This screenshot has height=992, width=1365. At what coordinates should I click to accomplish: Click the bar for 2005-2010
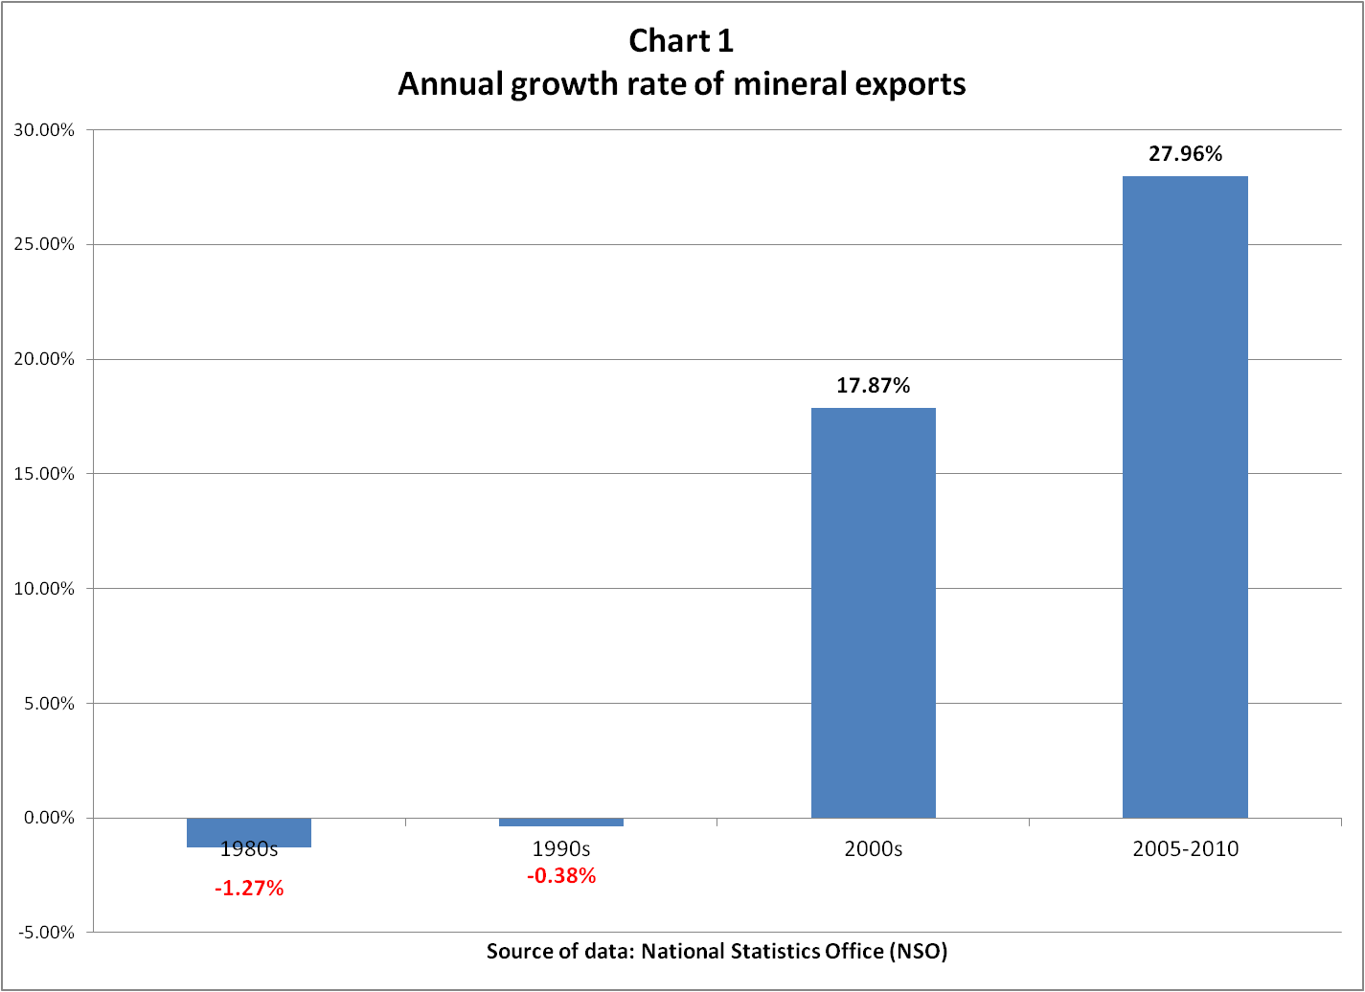(1185, 497)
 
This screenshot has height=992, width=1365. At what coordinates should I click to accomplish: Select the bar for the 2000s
(873, 613)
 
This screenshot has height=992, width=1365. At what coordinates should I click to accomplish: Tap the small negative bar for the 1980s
(249, 831)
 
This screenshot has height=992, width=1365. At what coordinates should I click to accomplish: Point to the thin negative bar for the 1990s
(560, 822)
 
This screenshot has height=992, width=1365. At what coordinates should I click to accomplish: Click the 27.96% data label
(1185, 153)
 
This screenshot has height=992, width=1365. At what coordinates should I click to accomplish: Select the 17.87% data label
(873, 386)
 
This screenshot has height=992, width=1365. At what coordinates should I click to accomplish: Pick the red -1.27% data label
(249, 889)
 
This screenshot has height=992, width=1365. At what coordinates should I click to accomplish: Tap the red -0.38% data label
(560, 875)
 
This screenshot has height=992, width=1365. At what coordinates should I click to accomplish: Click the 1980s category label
(249, 849)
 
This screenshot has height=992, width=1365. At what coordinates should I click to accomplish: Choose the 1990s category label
(560, 849)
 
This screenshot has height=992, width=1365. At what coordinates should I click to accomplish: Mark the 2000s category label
(873, 849)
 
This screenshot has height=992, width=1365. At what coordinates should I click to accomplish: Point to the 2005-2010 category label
(1185, 849)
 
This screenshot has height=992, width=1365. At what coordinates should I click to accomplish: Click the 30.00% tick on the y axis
(42, 130)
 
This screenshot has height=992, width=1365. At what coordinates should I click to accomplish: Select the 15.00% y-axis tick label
(42, 474)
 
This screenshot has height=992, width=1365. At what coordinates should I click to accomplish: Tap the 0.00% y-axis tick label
(46, 818)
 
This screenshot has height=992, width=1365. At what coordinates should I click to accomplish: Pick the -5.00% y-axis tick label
(44, 933)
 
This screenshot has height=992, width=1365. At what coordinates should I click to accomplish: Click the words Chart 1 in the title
(681, 41)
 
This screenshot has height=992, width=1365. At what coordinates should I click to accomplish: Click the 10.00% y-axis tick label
(42, 589)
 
